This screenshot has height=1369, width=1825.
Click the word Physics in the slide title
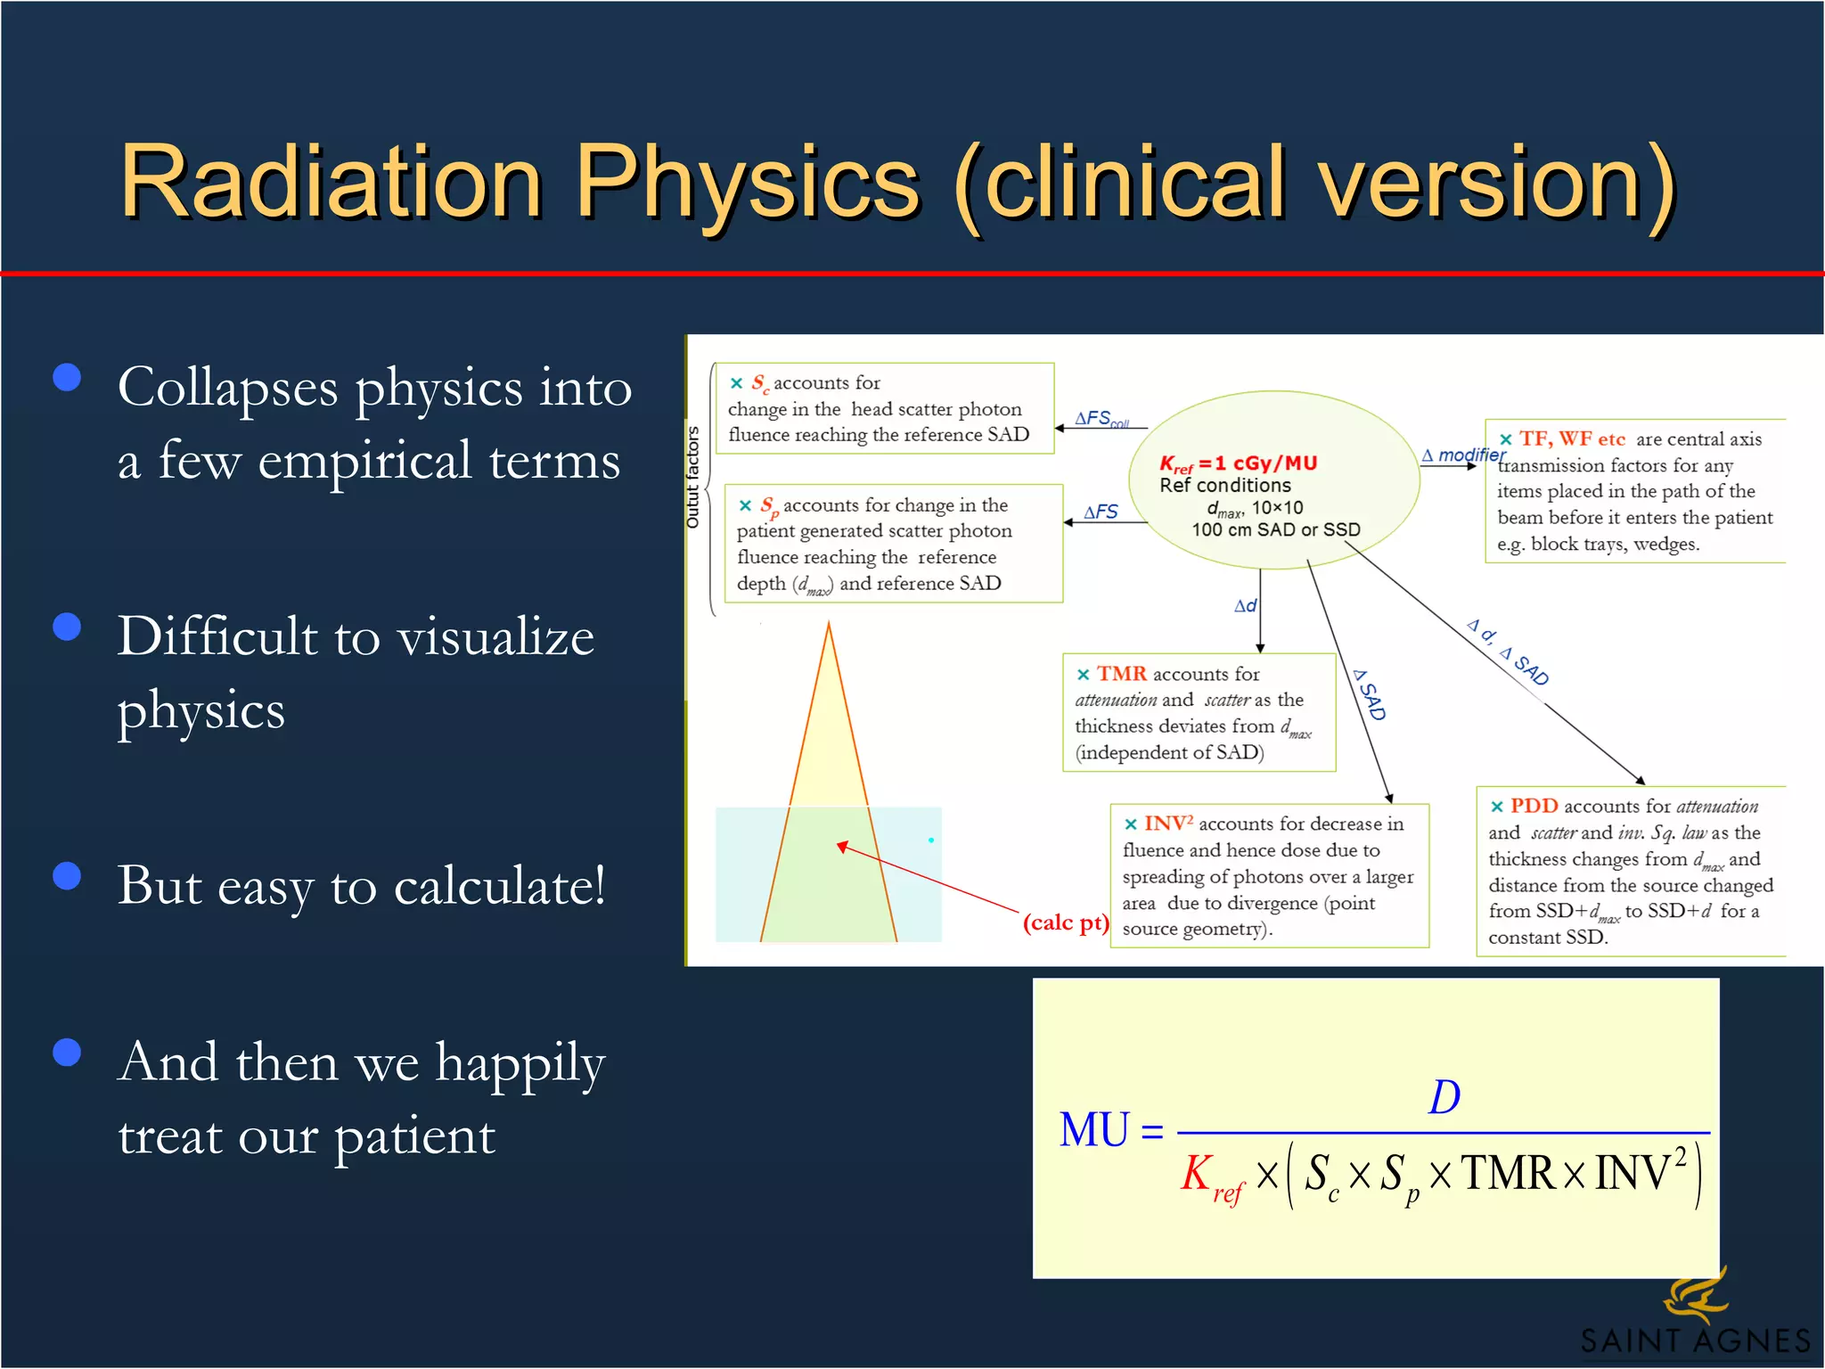(x=747, y=183)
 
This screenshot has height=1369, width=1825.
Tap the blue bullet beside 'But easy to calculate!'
(x=67, y=875)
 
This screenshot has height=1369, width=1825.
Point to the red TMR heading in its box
(x=1121, y=674)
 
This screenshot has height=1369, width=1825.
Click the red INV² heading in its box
(x=1168, y=824)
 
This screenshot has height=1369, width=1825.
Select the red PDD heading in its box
(x=1534, y=806)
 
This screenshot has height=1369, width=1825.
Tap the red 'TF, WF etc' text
(x=1572, y=439)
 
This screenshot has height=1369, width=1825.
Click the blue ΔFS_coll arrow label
(x=1101, y=418)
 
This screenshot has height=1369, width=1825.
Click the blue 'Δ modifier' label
(x=1463, y=455)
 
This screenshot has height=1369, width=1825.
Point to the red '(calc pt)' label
(x=1066, y=922)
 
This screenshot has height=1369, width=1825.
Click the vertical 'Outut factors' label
(x=692, y=478)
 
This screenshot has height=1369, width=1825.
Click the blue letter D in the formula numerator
(x=1444, y=1097)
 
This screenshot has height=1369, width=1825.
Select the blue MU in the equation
(x=1093, y=1130)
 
